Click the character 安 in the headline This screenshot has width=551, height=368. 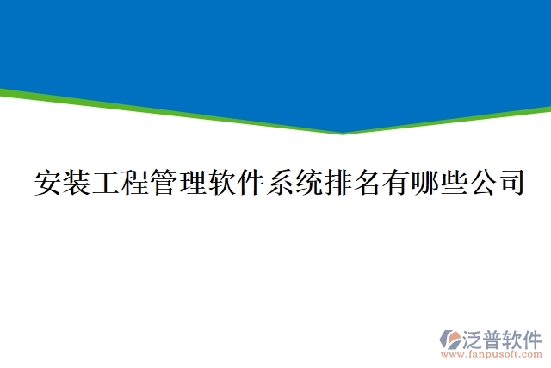pyautogui.click(x=48, y=184)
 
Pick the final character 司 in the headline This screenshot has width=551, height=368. pyautogui.click(x=510, y=184)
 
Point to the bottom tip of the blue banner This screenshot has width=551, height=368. pyautogui.click(x=343, y=133)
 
